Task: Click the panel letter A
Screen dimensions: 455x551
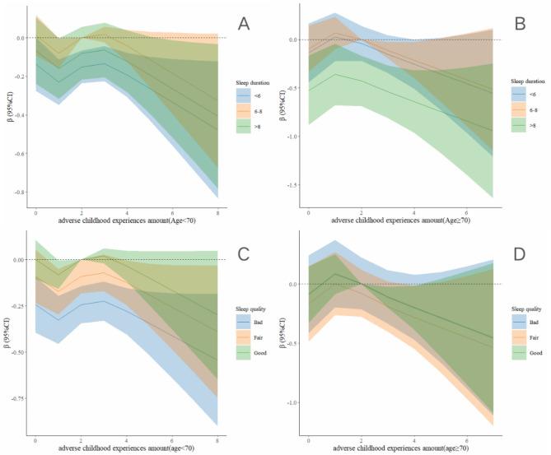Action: pos(244,25)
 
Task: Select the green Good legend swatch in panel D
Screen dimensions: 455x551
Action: pos(512,351)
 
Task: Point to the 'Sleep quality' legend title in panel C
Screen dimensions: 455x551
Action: pos(246,306)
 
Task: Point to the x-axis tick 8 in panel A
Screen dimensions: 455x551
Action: pos(217,212)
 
